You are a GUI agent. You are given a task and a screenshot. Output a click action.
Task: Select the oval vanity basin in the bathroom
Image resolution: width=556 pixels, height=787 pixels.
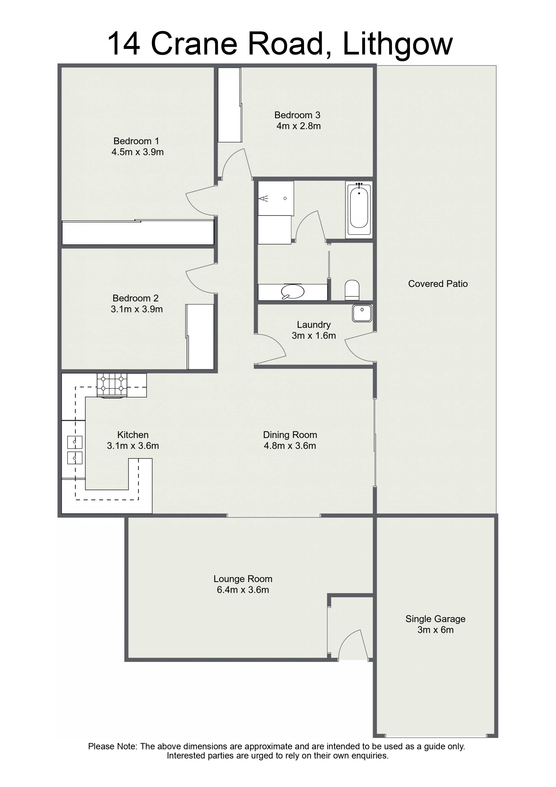pyautogui.click(x=292, y=292)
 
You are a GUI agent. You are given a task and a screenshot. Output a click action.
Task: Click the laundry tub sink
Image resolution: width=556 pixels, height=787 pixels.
pyautogui.click(x=362, y=313)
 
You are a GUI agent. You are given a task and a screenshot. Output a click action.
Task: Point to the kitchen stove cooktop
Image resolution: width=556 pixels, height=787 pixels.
pyautogui.click(x=112, y=386)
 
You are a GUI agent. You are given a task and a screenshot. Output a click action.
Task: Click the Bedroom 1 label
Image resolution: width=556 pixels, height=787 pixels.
pyautogui.click(x=136, y=141)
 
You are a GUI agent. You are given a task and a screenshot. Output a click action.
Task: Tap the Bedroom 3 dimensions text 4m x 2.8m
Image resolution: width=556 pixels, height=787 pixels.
pyautogui.click(x=298, y=126)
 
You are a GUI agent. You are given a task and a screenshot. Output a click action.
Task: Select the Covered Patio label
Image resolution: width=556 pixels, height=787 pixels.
pyautogui.click(x=438, y=284)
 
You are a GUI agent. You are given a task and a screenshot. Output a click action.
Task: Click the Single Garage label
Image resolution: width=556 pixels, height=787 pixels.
pyautogui.click(x=435, y=619)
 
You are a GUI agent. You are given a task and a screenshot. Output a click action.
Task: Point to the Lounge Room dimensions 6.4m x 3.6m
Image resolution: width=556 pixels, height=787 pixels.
pyautogui.click(x=243, y=590)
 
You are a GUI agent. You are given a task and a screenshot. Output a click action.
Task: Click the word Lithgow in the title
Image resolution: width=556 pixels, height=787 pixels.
pyautogui.click(x=398, y=44)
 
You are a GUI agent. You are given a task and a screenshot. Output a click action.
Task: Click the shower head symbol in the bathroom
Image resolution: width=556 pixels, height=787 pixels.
pyautogui.click(x=263, y=198)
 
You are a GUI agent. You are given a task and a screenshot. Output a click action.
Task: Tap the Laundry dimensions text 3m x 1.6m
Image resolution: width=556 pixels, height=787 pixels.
pyautogui.click(x=314, y=336)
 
